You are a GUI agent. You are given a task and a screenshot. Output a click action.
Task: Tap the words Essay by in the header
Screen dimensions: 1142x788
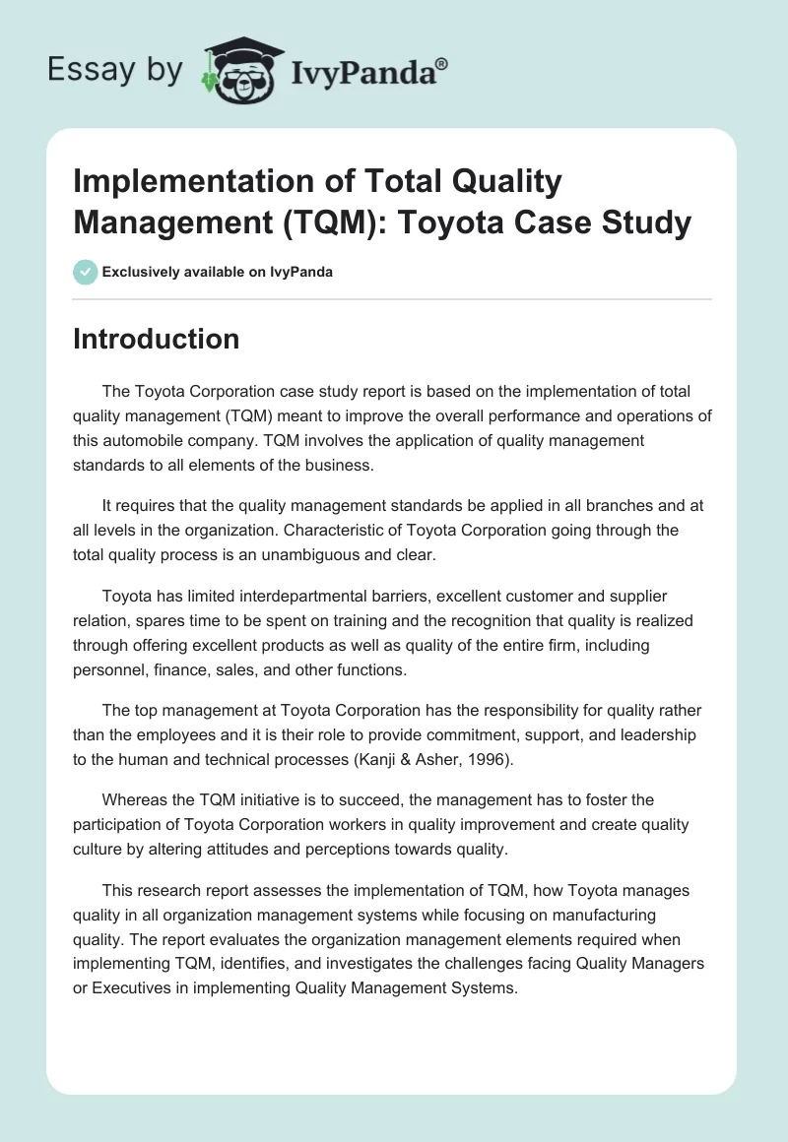[115, 69]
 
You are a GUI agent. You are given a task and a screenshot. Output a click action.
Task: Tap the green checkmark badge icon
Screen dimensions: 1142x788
[85, 272]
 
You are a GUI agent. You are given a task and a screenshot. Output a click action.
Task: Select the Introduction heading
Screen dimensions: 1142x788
[156, 339]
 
